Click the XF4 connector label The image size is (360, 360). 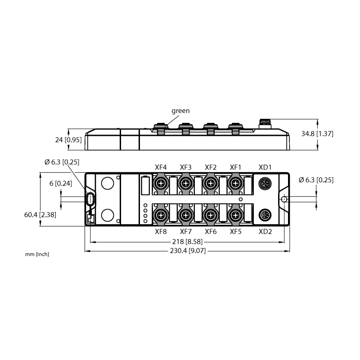(x=161, y=167)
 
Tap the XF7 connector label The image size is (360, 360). (x=185, y=231)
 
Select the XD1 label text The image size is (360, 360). (x=265, y=167)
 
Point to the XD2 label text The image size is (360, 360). (x=265, y=231)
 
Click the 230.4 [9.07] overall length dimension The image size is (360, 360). (x=188, y=251)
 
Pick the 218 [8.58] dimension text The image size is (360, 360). (x=187, y=242)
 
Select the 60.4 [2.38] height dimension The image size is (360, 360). (x=40, y=215)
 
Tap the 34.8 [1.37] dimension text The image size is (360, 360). (x=317, y=134)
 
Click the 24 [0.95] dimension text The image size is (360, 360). (x=68, y=140)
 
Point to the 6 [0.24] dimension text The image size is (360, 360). (x=61, y=184)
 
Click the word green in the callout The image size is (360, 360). (x=180, y=111)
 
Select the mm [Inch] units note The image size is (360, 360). (x=37, y=254)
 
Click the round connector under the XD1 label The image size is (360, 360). (x=265, y=184)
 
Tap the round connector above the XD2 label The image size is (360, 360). (x=265, y=215)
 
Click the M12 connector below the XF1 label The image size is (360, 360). (x=235, y=184)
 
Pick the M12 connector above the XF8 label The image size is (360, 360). (x=161, y=215)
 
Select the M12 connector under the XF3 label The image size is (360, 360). (x=185, y=184)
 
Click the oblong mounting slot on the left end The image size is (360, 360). (x=90, y=199)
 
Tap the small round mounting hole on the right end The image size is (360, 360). (x=284, y=199)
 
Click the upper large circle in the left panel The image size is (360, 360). (x=108, y=183)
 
